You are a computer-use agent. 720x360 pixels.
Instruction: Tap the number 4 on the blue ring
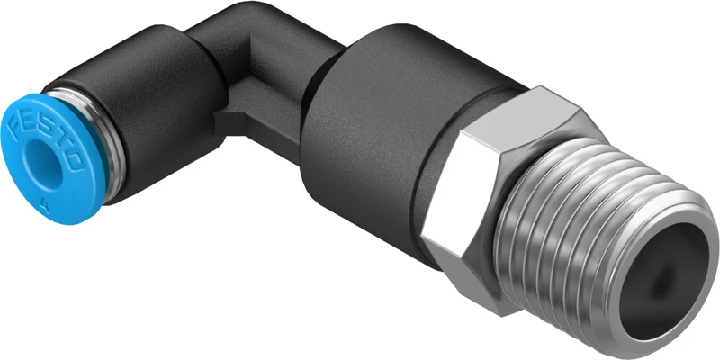click(x=45, y=203)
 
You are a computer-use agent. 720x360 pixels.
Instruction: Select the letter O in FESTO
click(x=75, y=162)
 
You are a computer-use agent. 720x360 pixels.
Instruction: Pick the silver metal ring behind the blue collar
click(x=112, y=147)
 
